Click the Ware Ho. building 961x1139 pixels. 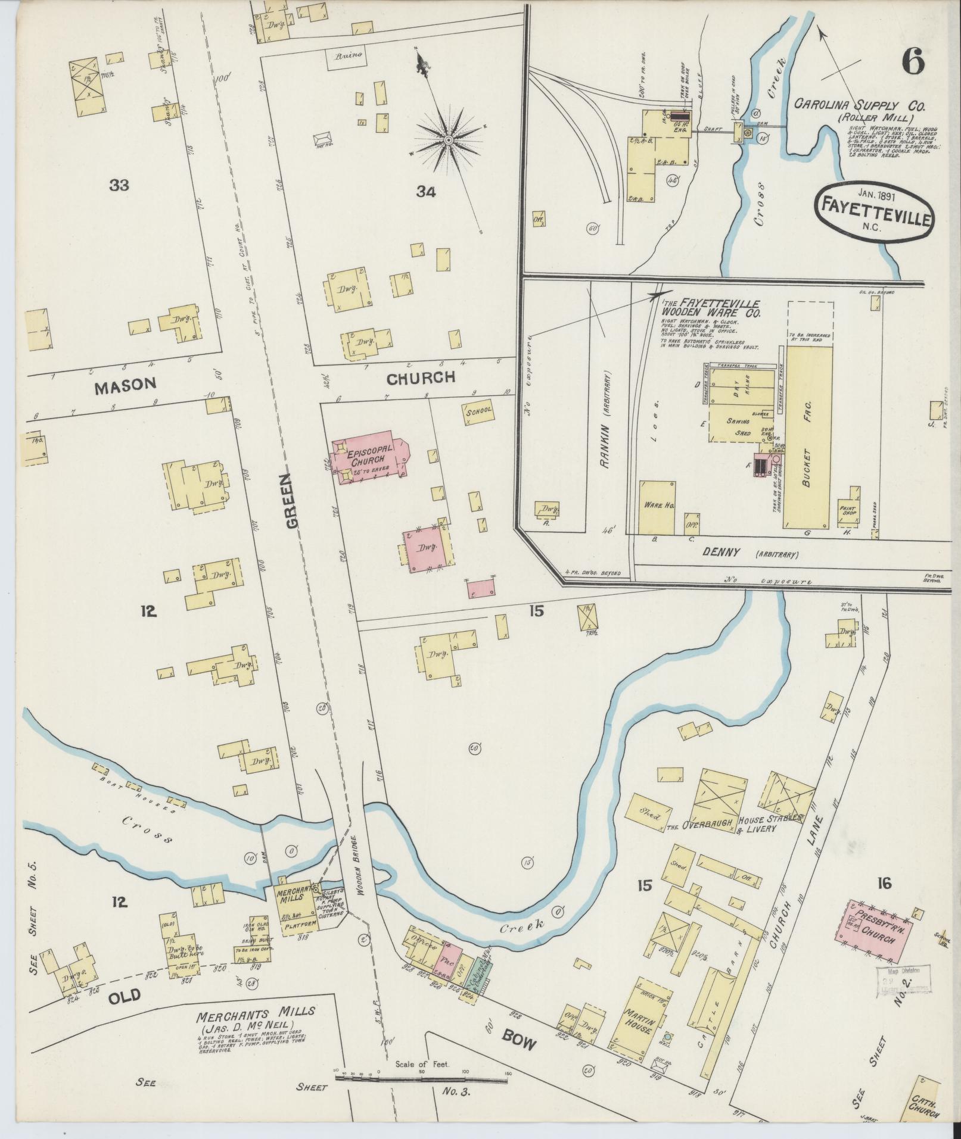pos(658,506)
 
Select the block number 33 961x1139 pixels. pos(119,185)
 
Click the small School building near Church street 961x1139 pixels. pos(478,411)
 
